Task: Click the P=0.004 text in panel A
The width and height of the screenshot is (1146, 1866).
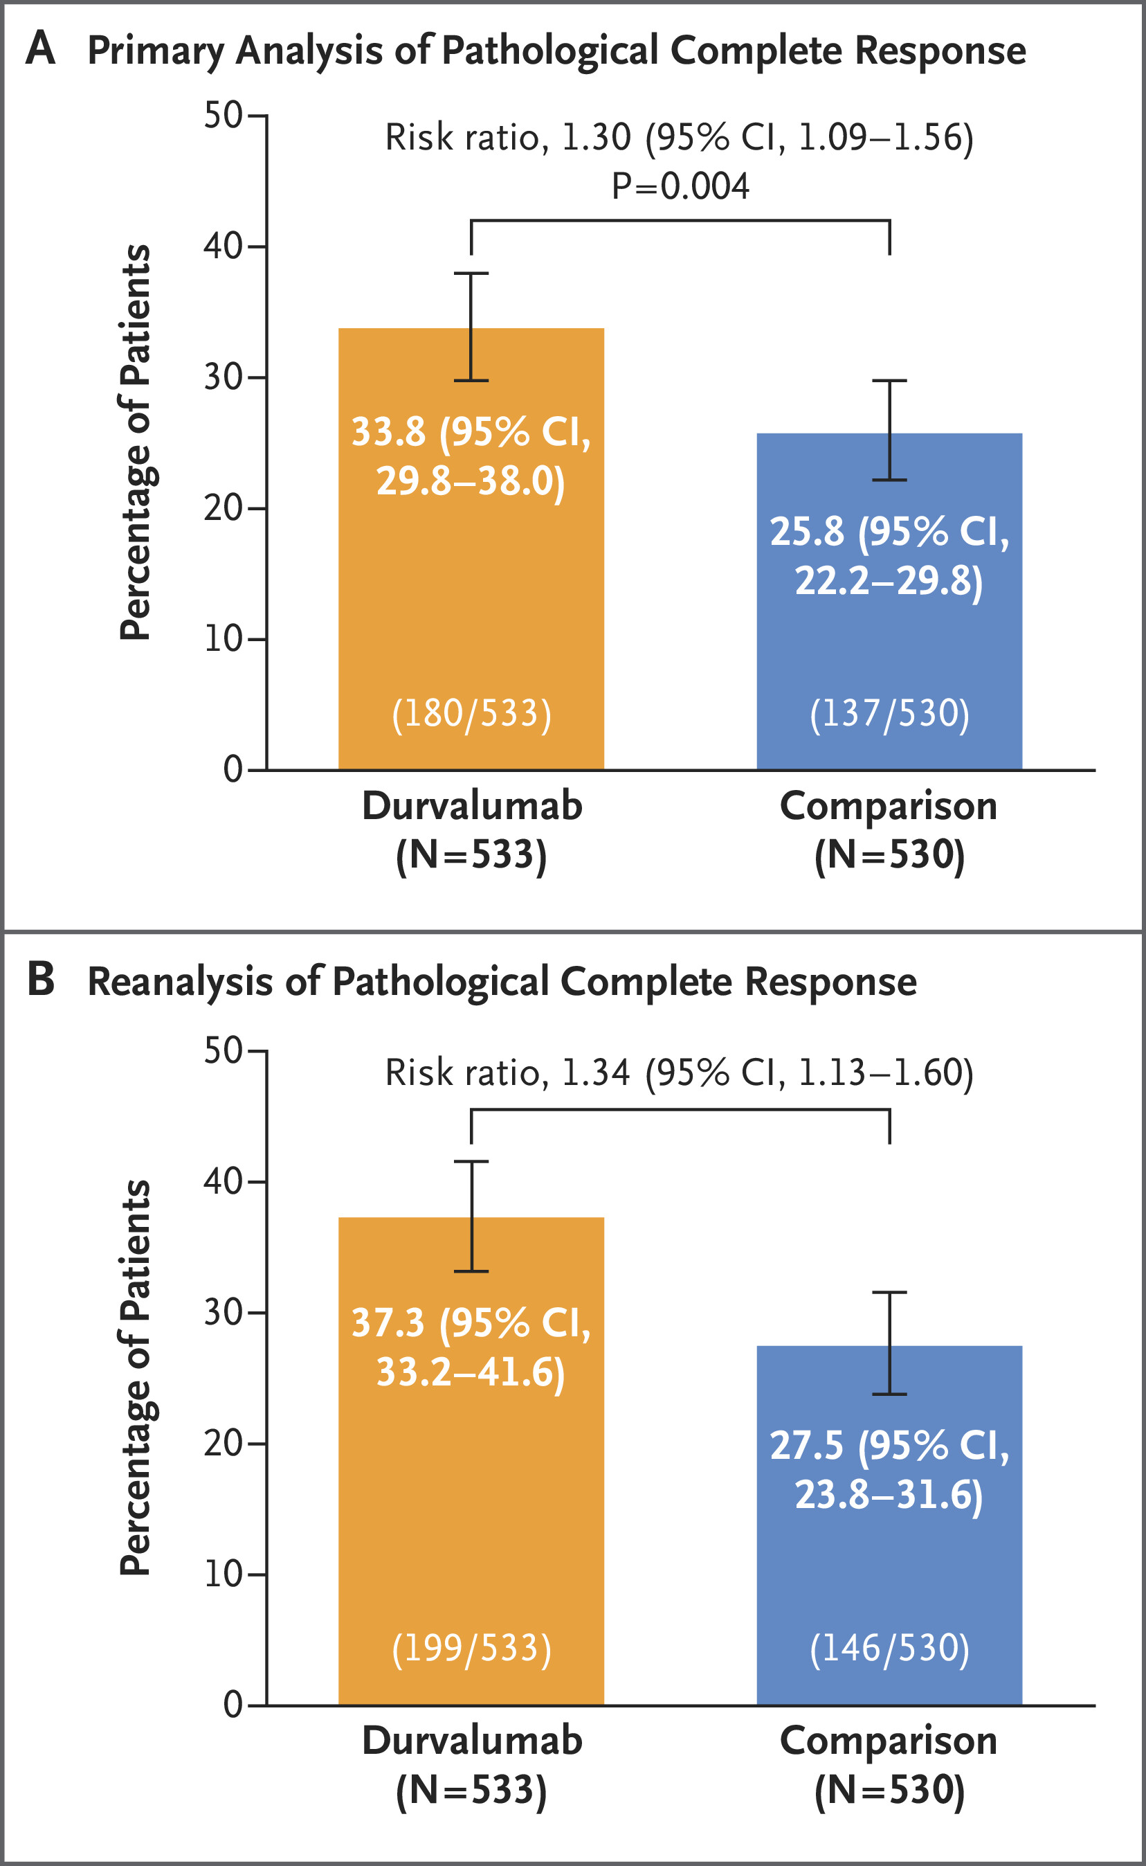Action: pos(680,186)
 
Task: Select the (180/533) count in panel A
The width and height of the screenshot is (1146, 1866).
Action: pos(471,713)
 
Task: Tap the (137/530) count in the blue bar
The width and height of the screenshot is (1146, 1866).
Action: pos(889,713)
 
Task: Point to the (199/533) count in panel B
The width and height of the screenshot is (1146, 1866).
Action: pos(471,1649)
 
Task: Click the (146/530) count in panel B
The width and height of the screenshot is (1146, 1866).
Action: pos(889,1649)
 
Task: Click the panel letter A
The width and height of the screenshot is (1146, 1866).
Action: pos(40,49)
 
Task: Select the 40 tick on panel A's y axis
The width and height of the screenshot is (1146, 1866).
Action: pos(223,246)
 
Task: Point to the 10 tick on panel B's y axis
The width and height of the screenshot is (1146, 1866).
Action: pos(223,1575)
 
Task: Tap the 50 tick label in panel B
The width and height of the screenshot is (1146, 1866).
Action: pos(223,1051)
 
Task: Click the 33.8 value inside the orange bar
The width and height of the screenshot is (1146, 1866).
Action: pos(388,432)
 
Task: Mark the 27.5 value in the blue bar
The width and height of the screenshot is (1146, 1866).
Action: pos(806,1444)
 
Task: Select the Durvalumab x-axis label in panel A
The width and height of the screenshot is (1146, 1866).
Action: pos(471,806)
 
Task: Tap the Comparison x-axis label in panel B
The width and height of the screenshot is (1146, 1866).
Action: pos(889,1741)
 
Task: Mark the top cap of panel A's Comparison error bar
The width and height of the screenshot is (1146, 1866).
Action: pos(889,381)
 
